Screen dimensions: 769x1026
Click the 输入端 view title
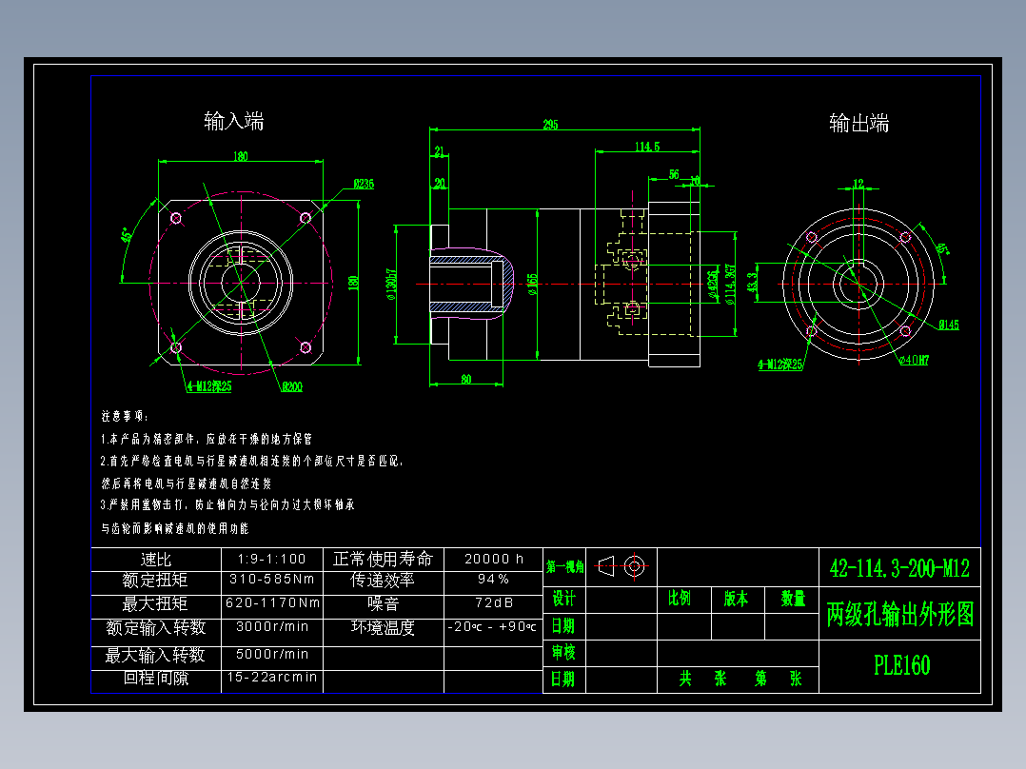coord(234,121)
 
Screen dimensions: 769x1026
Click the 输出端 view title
coord(858,123)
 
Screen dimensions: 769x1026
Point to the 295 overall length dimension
coord(550,125)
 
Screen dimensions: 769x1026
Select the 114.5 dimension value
coord(647,146)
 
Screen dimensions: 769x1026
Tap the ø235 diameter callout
coord(364,185)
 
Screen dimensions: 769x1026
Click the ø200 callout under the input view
coord(291,386)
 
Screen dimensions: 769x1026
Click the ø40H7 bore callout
coord(915,360)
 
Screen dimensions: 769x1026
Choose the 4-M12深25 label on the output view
coord(780,364)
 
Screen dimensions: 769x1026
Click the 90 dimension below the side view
coord(466,380)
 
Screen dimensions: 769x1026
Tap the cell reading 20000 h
coord(493,559)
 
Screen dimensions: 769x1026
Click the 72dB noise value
coord(493,603)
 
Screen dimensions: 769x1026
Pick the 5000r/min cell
coord(272,654)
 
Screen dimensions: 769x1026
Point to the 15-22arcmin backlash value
coord(272,679)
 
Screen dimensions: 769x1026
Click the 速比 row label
coord(155,559)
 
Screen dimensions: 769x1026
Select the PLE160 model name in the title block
coord(901,665)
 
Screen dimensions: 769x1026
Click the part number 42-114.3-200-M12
coord(899,568)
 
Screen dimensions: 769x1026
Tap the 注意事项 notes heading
coord(125,416)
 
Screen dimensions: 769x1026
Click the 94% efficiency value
coord(493,579)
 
